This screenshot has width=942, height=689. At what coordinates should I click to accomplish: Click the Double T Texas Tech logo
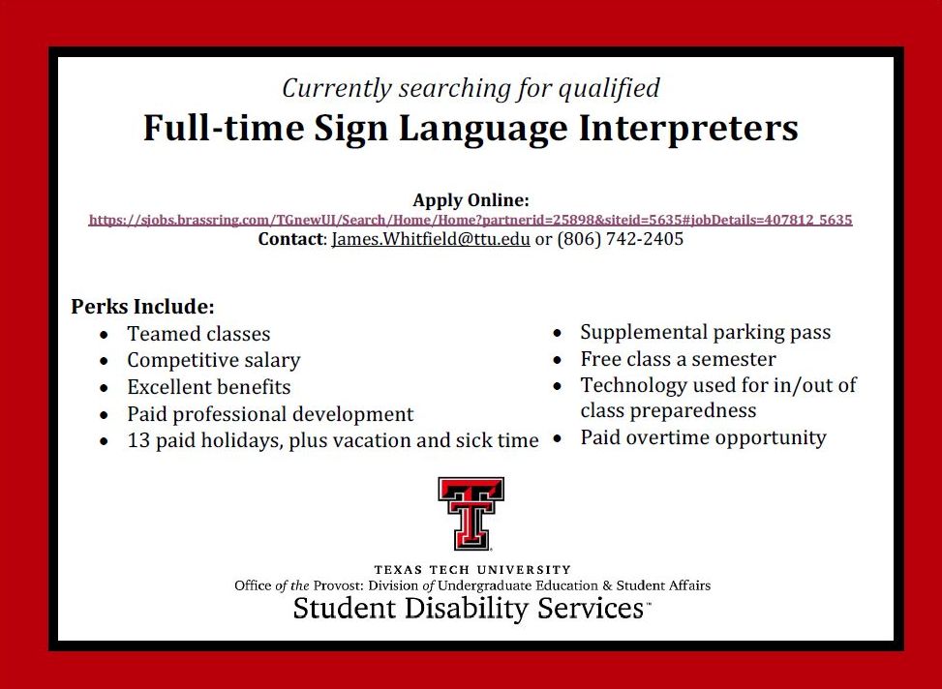click(x=471, y=514)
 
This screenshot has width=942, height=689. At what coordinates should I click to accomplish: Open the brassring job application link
click(x=471, y=220)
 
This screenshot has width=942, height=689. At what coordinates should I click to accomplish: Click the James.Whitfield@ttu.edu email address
click(x=431, y=239)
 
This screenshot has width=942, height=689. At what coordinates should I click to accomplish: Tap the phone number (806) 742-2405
click(x=621, y=239)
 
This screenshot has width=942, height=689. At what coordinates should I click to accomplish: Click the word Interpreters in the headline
click(x=688, y=129)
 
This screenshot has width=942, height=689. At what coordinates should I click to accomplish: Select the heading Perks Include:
click(x=142, y=307)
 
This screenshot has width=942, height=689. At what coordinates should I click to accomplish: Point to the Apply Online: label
click(x=471, y=200)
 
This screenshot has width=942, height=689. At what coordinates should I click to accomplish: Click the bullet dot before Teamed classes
click(x=105, y=335)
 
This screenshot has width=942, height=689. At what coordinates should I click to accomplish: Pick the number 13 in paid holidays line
click(x=138, y=440)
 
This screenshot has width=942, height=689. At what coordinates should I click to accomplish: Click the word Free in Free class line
click(x=600, y=359)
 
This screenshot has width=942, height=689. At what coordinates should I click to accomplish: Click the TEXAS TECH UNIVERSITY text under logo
click(x=472, y=569)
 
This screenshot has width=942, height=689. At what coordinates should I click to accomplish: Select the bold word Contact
click(x=290, y=239)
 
